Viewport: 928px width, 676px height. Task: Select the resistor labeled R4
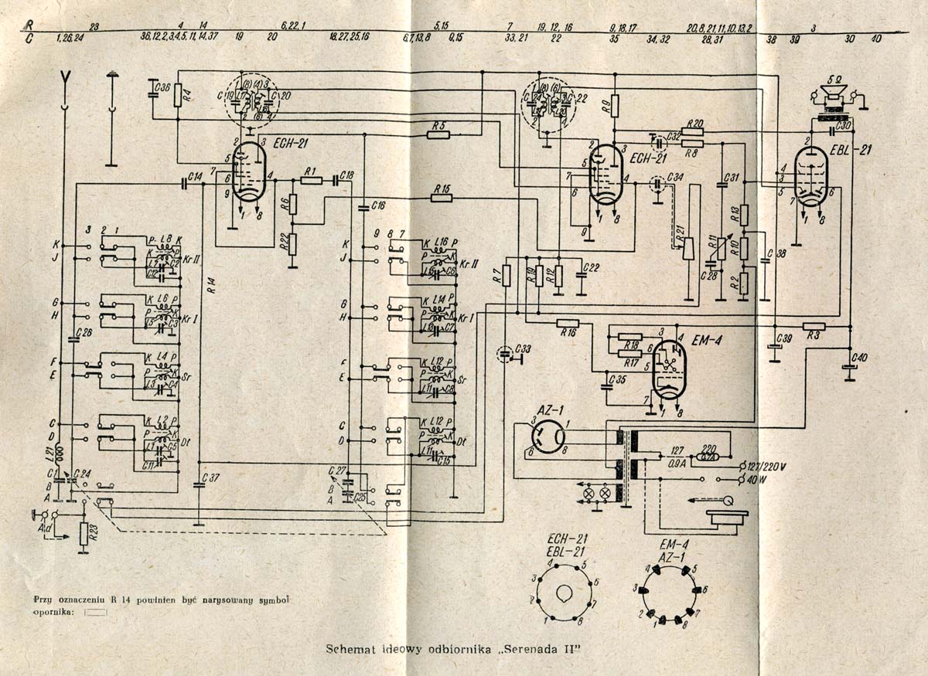click(x=178, y=96)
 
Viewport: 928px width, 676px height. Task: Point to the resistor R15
click(x=442, y=198)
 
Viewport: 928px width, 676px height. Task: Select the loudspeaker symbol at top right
click(x=834, y=97)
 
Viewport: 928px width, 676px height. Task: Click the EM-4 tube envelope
click(x=666, y=369)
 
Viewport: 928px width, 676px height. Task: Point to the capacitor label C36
click(x=162, y=87)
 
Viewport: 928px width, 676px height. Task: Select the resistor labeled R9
click(x=615, y=104)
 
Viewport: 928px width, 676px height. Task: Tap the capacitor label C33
click(x=524, y=350)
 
